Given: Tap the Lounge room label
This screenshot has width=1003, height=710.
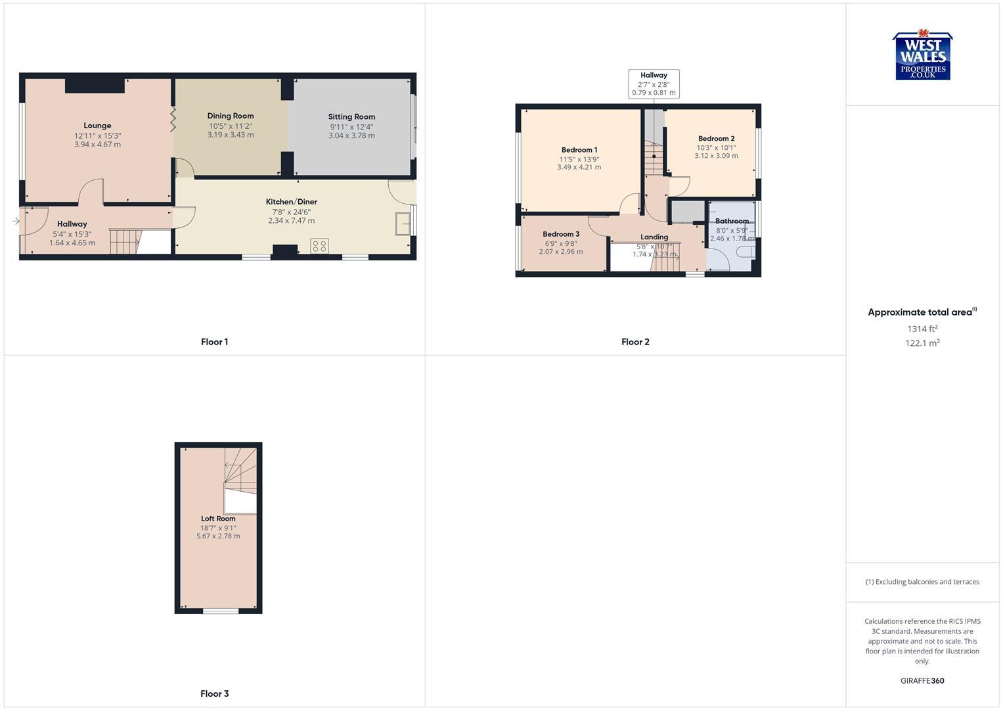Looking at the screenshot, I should point(97,126).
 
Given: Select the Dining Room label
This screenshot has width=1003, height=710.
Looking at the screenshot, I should point(231,116).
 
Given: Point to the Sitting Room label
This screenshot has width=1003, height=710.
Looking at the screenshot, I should point(351,117).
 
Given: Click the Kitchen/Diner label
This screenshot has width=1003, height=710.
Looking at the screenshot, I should point(291,202).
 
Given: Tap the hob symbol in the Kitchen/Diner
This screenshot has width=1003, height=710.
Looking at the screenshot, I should point(319,247).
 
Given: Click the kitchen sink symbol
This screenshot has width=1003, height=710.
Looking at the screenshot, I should point(402,224).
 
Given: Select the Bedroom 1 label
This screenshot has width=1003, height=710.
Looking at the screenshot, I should point(579,150).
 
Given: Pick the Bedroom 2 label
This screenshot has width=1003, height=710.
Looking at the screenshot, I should point(716,139).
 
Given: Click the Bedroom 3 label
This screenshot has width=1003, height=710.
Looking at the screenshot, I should point(561,234).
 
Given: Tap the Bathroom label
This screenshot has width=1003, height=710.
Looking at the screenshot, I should point(732,221).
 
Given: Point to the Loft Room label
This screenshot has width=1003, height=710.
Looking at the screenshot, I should point(218,519).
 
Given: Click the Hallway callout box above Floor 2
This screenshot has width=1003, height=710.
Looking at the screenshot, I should point(654,84).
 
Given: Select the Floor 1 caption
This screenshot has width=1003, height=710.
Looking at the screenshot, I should point(214,342).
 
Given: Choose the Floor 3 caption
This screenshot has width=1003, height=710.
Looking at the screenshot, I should point(214,694).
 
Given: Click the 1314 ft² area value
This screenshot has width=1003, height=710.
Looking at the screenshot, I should point(922,329).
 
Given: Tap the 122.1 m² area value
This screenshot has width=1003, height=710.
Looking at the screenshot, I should point(922,343).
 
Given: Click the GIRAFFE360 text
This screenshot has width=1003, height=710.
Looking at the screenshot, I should point(922,681).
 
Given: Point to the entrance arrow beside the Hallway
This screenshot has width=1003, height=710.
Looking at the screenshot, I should point(16,222).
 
